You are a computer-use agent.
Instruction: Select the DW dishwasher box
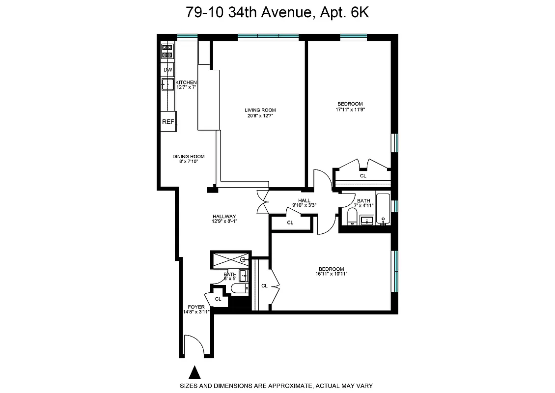click(x=168, y=70)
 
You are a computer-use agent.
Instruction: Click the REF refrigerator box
click(x=168, y=122)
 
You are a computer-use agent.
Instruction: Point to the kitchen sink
click(x=167, y=85)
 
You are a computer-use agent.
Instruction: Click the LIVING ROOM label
click(x=260, y=110)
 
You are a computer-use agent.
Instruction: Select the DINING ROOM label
click(x=188, y=157)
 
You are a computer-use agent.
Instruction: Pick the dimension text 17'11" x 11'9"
click(x=350, y=110)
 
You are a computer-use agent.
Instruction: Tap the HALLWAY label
click(x=224, y=216)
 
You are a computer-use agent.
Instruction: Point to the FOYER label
click(x=196, y=307)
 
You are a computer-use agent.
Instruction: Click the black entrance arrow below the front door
click(x=195, y=372)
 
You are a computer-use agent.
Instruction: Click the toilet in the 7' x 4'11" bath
click(x=352, y=216)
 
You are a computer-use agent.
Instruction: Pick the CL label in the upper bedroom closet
click(x=363, y=175)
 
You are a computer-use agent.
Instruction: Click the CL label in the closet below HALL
click(x=290, y=223)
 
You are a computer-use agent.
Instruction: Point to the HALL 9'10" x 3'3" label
click(x=304, y=203)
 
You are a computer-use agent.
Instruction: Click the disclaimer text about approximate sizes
click(x=277, y=386)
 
